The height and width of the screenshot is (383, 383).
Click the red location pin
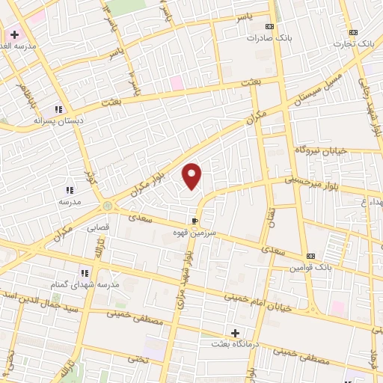click(192, 176)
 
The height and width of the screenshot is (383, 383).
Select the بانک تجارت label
click(355, 43)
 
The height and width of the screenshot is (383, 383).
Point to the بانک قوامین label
click(311, 267)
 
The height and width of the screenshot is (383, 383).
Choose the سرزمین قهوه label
click(196, 233)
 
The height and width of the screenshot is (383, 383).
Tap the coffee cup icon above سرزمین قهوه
click(195, 221)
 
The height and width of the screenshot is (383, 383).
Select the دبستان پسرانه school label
click(60, 120)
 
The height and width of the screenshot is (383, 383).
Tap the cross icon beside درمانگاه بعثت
click(236, 333)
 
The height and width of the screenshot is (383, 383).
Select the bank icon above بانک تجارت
click(354, 32)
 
